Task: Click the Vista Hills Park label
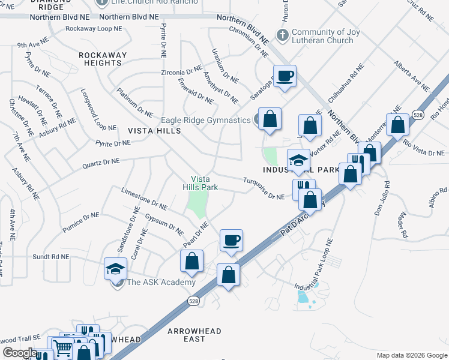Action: point(204,183)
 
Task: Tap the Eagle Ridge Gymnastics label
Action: point(206,120)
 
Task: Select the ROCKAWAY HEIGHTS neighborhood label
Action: point(103,59)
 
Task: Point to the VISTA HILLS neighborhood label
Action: point(154,130)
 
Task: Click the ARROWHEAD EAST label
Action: point(194,335)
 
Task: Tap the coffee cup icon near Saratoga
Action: point(285,76)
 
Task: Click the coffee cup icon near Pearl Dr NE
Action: point(231,241)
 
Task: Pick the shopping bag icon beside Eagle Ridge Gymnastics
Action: point(270,118)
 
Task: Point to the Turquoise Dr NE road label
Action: point(264,188)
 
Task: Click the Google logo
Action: point(20,353)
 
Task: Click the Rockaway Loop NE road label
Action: point(93,29)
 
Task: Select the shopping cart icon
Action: point(62,347)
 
